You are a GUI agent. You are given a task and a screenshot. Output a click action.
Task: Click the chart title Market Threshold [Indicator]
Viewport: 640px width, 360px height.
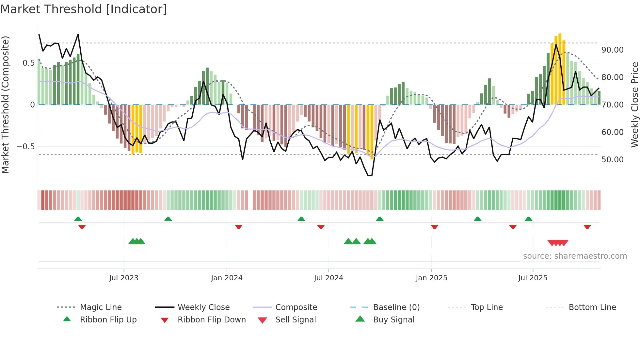(x=84, y=9)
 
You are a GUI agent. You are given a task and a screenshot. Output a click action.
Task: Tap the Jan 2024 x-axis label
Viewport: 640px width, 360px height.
(x=227, y=278)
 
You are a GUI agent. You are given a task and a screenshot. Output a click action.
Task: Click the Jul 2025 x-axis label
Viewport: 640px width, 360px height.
(x=533, y=278)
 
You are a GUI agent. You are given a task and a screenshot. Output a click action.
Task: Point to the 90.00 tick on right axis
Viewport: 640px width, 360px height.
(x=612, y=50)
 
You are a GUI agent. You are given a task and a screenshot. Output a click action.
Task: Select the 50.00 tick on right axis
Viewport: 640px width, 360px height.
(x=612, y=160)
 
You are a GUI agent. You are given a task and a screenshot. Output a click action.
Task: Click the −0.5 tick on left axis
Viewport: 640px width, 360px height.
(x=25, y=147)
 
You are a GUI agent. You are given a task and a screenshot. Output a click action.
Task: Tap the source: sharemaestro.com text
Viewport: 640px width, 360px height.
(x=575, y=256)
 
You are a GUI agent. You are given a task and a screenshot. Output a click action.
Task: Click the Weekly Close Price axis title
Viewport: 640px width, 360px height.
(x=634, y=105)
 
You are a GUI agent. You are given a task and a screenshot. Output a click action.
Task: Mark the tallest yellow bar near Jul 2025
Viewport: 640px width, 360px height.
(x=560, y=69)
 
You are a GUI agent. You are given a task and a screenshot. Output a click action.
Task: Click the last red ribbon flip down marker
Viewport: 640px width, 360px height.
(x=587, y=227)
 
